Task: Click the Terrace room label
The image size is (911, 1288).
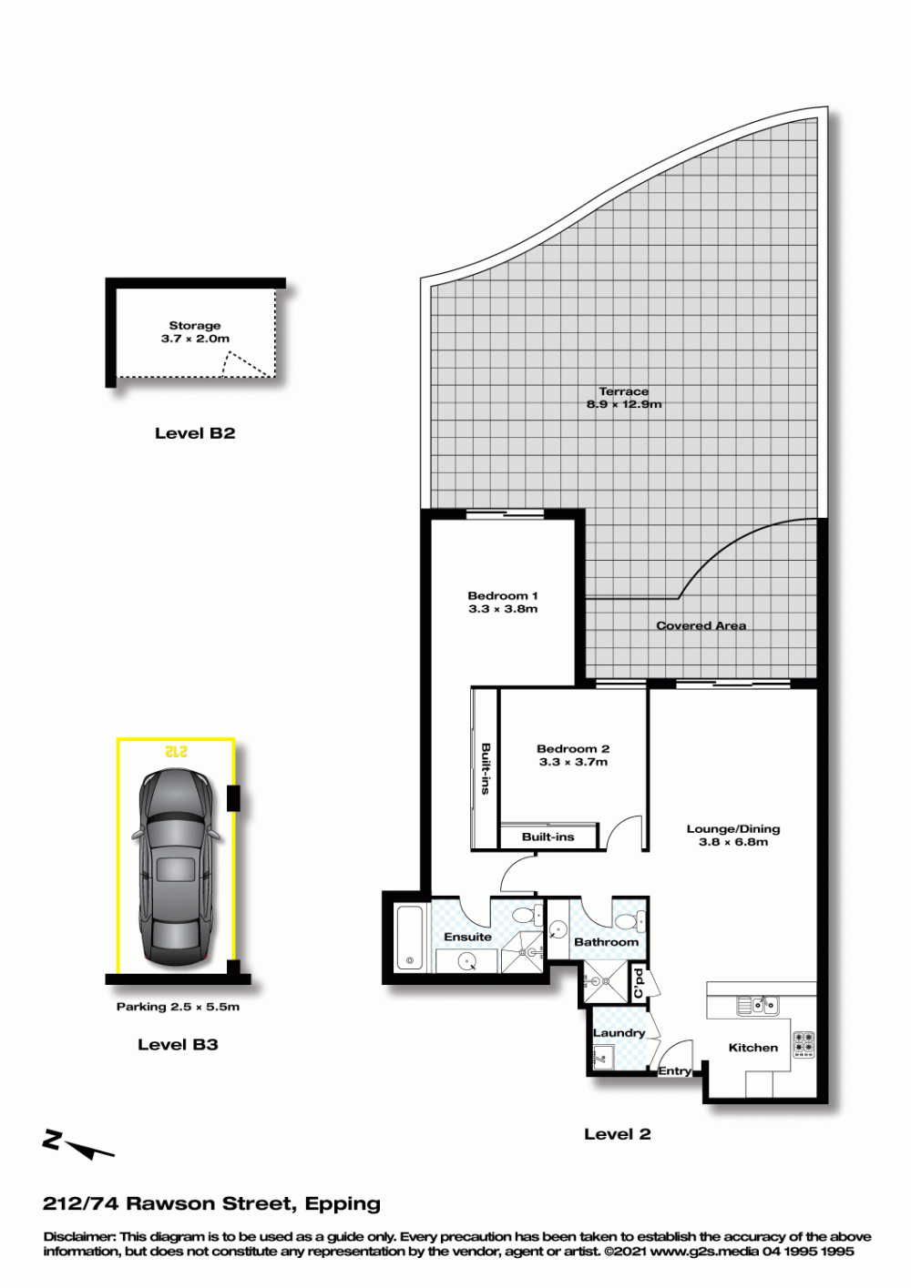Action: pos(624,391)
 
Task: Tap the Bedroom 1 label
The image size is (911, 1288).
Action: pos(502,595)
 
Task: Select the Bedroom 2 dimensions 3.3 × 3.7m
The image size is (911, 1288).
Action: pos(573,762)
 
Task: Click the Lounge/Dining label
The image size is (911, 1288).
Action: pos(733,828)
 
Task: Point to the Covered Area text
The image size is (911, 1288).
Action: pos(701,625)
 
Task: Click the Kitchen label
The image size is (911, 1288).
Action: pos(752,1048)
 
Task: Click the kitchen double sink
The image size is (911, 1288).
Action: pos(758,1006)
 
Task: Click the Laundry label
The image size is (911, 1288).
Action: pos(619,1033)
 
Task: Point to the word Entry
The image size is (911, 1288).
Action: pos(674,1070)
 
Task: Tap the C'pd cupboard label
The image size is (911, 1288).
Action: pos(639,984)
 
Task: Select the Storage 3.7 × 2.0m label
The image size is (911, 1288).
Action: pos(195,332)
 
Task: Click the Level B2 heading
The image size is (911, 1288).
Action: pos(195,433)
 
